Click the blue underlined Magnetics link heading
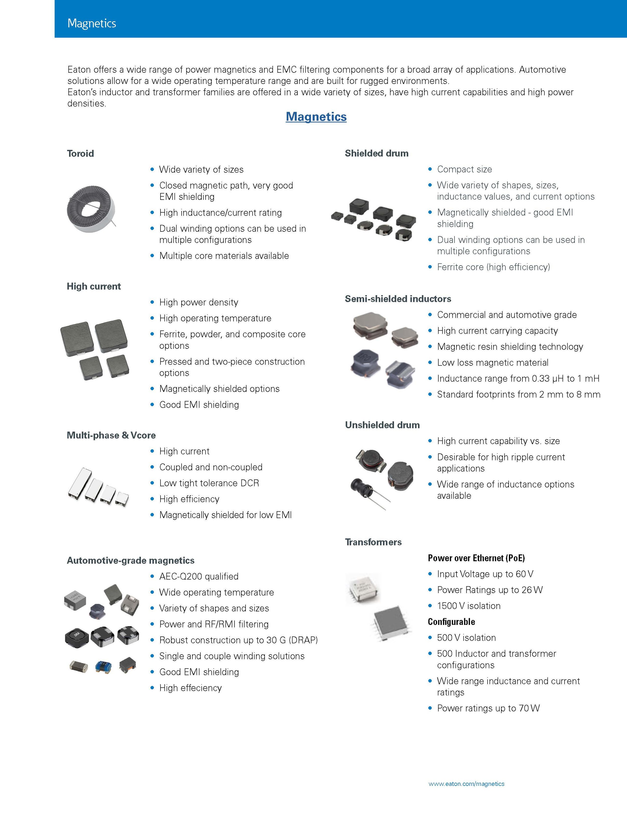tap(316, 117)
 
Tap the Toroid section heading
tap(80, 153)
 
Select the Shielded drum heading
tap(376, 153)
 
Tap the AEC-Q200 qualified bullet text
tap(199, 576)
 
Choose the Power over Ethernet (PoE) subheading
tap(476, 558)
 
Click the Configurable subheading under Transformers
tap(451, 622)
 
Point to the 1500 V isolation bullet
tap(468, 606)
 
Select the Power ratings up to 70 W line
tap(488, 708)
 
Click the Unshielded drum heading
tap(382, 425)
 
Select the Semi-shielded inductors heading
tap(398, 298)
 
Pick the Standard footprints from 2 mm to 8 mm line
tap(518, 394)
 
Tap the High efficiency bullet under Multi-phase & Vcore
tap(189, 499)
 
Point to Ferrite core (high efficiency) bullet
tap(493, 267)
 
